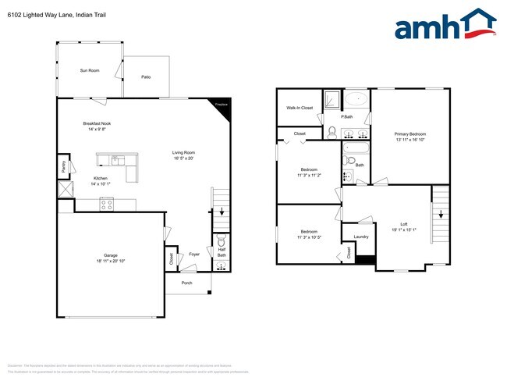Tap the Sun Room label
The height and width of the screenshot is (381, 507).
(90, 70)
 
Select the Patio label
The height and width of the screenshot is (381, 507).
(146, 77)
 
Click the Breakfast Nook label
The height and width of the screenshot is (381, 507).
(99, 126)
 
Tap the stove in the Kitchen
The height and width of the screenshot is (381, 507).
(108, 204)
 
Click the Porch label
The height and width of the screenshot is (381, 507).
(186, 283)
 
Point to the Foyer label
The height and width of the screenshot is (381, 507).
(193, 254)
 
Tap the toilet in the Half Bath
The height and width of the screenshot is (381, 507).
(222, 240)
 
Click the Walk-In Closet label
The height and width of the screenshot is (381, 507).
(300, 108)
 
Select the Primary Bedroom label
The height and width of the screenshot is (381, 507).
(411, 137)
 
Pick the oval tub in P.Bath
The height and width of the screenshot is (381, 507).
(356, 100)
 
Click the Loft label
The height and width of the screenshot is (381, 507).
(404, 226)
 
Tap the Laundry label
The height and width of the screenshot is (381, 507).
(360, 237)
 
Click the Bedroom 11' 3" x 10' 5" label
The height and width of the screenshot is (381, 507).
(309, 234)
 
